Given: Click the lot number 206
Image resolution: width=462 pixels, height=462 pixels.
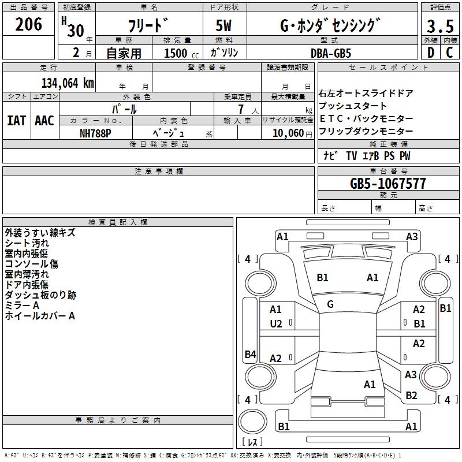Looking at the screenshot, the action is click(29, 25).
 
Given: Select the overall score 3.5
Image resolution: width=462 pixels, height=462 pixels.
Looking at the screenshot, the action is click(440, 27).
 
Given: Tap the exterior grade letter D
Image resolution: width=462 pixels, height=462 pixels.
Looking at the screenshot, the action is click(430, 52).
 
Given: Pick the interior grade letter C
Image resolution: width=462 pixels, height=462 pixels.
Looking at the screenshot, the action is click(449, 52).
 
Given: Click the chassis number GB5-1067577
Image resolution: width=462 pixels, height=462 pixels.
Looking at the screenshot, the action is click(388, 184).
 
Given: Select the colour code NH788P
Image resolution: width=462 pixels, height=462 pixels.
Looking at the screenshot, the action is click(95, 132).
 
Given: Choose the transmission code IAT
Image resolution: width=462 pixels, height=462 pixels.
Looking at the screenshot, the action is click(16, 120).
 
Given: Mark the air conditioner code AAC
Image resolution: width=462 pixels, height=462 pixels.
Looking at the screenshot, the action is click(44, 120).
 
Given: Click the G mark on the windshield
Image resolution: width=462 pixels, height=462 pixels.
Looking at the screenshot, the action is click(330, 304).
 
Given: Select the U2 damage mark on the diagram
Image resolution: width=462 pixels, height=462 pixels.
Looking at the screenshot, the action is click(276, 323).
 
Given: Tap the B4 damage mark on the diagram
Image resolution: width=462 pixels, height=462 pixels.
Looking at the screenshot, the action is click(250, 355).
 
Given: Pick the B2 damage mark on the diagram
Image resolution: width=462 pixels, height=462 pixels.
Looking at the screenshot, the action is click(411, 396).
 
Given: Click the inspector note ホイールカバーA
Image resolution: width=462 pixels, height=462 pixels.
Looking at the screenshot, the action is click(40, 316).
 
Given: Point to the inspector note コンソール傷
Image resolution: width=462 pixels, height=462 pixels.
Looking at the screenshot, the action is click(32, 264).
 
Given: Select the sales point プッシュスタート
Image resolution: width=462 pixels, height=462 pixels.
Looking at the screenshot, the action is click(353, 106).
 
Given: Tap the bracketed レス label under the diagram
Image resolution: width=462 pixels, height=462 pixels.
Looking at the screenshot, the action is click(252, 442).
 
